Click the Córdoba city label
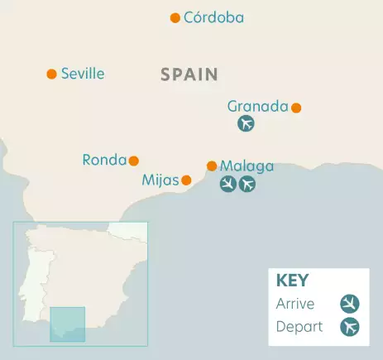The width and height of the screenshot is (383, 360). click(x=214, y=17)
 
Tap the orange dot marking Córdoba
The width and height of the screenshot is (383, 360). click(x=175, y=17)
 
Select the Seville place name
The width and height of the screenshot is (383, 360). click(x=83, y=74)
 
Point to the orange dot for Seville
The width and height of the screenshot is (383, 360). click(x=51, y=74)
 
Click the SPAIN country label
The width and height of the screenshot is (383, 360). click(x=189, y=74)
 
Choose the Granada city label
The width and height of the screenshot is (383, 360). click(x=257, y=106)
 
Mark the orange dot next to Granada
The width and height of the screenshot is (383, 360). click(x=296, y=107)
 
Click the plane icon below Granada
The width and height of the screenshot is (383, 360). click(x=246, y=124)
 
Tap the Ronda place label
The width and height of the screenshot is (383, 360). click(x=104, y=160)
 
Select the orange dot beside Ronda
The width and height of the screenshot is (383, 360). click(x=134, y=161)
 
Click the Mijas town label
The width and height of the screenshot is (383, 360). click(x=160, y=180)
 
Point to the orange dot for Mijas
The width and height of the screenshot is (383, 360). click(x=187, y=180)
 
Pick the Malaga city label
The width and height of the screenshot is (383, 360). click(x=247, y=166)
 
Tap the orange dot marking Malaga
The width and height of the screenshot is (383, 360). click(x=212, y=166)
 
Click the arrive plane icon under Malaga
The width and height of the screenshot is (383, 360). click(x=228, y=184)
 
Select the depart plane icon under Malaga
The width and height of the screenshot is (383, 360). click(x=247, y=184)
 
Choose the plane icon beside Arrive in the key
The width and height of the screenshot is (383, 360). click(x=350, y=304)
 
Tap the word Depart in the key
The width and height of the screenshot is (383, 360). click(x=299, y=326)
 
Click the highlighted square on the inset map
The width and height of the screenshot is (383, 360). click(x=68, y=324)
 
